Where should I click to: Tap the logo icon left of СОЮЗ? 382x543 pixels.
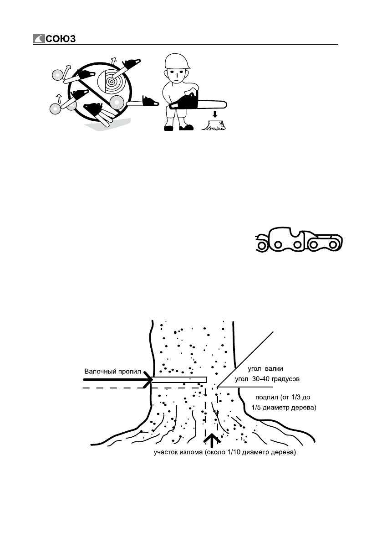(x=38, y=39)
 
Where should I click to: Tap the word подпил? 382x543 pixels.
(x=255, y=398)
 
